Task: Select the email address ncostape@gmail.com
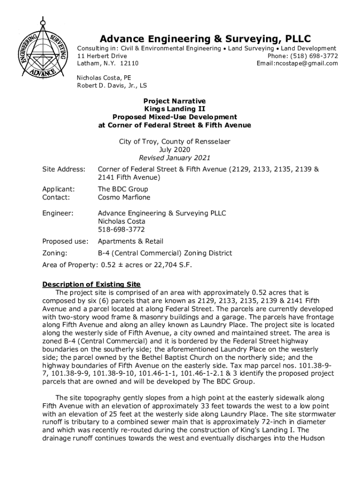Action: coord(306,63)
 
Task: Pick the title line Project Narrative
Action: coord(174,101)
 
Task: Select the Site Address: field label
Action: coord(64,169)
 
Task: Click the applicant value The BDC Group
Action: coord(122,189)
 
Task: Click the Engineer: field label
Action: coord(58,213)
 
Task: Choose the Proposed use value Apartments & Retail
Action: coord(130,241)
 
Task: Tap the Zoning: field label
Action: coord(55,254)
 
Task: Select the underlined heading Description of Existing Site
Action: coord(91,284)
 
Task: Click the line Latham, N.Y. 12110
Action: coord(107,63)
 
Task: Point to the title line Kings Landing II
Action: coord(174,109)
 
